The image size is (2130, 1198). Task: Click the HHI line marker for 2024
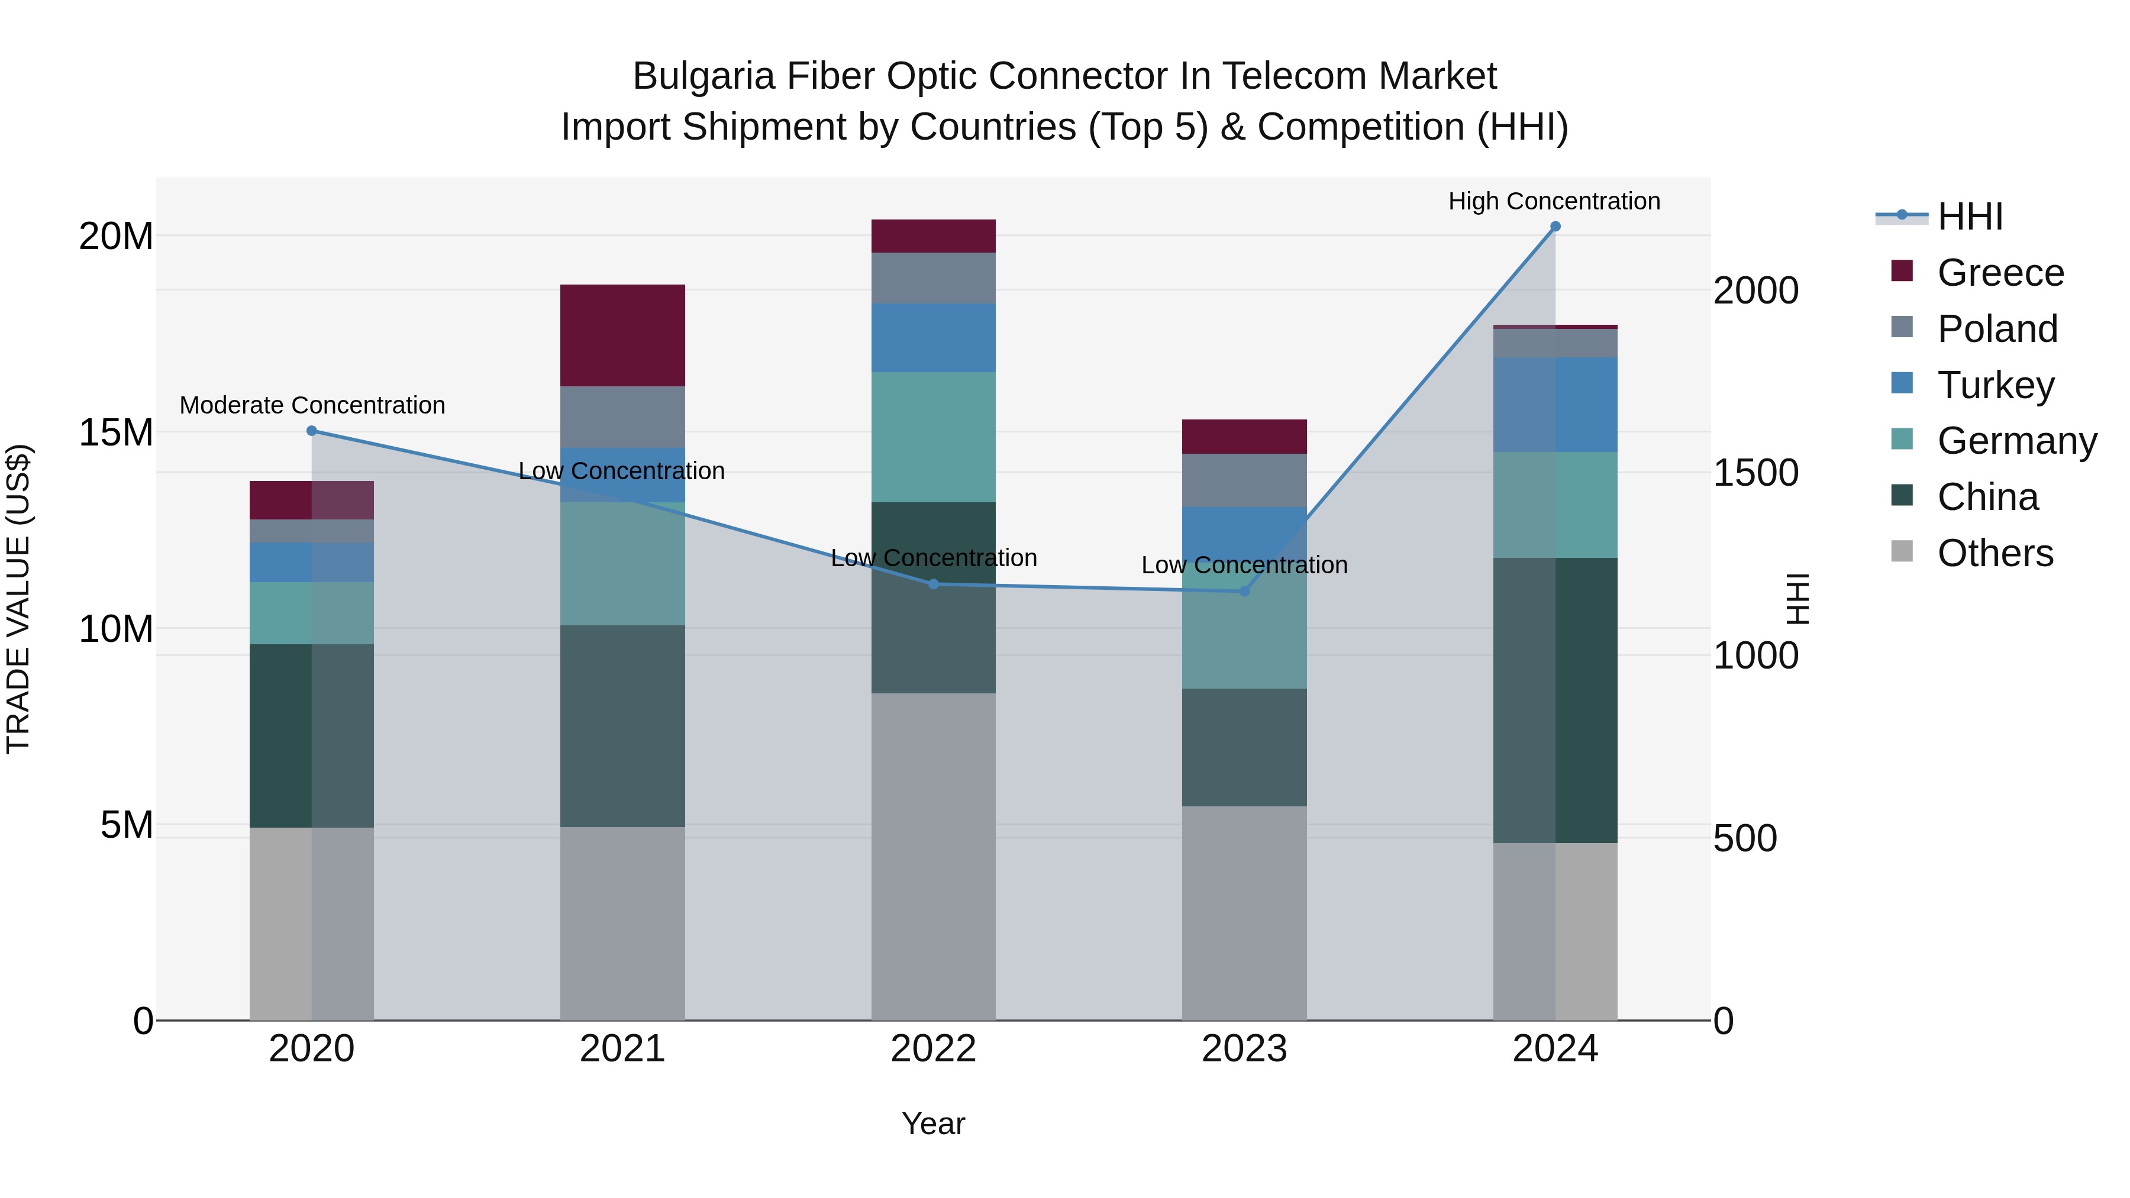tap(1554, 227)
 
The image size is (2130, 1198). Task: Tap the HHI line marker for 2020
tap(312, 431)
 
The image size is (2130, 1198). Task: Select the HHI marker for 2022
tap(934, 584)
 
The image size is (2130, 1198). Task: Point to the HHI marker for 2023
tap(1244, 591)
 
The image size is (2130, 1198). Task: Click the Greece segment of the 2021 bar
tap(622, 335)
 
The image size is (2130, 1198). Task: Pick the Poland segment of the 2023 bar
tap(1244, 480)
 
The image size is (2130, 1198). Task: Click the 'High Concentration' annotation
tap(1554, 201)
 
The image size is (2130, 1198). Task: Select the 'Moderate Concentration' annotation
tap(312, 405)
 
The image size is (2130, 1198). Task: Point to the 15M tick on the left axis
tap(116, 432)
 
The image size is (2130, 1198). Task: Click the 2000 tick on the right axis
tap(1755, 290)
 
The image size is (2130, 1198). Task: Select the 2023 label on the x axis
tap(1244, 1049)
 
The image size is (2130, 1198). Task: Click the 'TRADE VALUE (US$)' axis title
tap(18, 599)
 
